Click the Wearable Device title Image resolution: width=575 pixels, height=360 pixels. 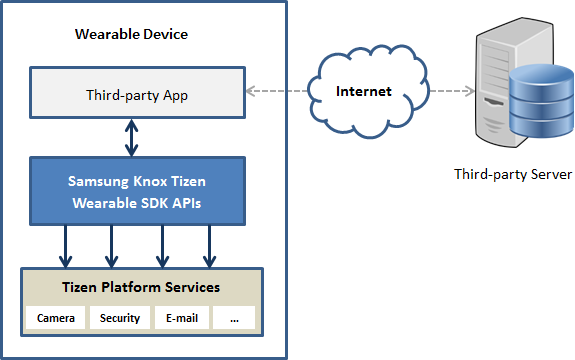pos(132,35)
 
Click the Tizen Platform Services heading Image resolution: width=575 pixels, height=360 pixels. pos(141,287)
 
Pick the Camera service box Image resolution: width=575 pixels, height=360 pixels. pos(56,319)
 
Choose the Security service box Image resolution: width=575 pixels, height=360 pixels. pos(119,319)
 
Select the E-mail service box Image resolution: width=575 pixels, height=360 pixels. pos(181,319)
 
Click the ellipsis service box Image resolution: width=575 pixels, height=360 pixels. pos(233,319)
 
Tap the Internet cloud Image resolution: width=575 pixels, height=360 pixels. pos(363,91)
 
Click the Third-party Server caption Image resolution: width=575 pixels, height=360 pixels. pos(512,175)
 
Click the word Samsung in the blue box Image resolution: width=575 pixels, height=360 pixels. pos(99,182)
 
